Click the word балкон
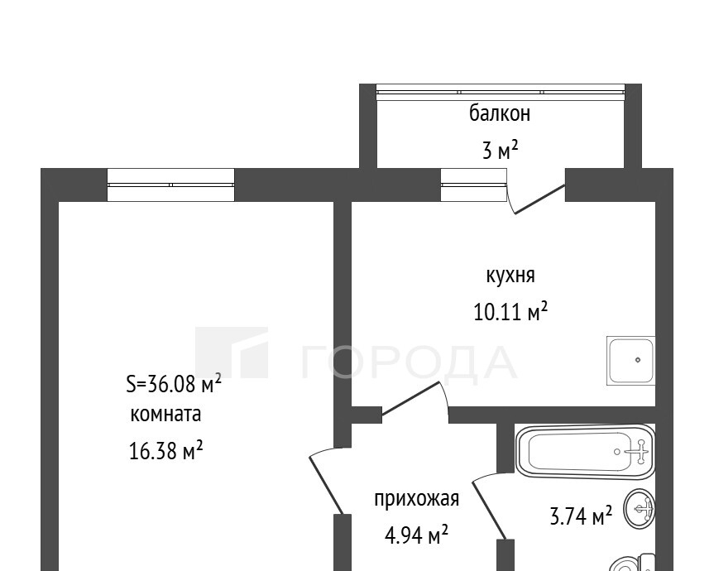pos(500,113)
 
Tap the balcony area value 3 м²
pos(500,150)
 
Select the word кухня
pos(510,276)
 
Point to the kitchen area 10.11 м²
pos(510,311)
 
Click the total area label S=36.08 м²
pos(174,384)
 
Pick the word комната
pos(165,415)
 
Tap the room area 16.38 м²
pos(165,451)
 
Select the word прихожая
pos(417,499)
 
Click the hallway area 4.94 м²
pos(416,535)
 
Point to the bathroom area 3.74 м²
pos(581,516)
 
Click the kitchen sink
pos(630,361)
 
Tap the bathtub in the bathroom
pos(585,451)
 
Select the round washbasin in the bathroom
pos(640,509)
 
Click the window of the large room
pos(170,185)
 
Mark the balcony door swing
pos(535,199)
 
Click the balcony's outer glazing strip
pos(501,93)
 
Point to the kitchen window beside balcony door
pos(473,185)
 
